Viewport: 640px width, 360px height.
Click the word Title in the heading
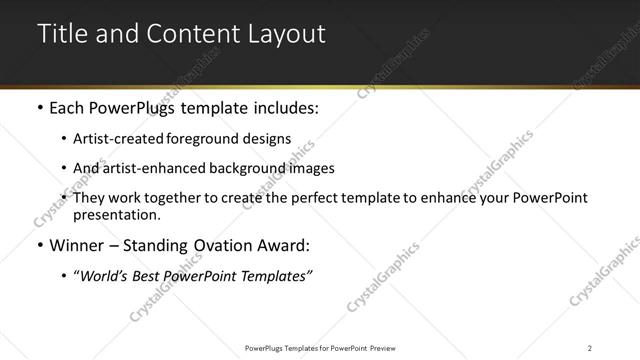(x=61, y=33)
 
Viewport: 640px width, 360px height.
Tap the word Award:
(x=286, y=245)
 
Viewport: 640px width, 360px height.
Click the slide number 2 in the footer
(x=589, y=348)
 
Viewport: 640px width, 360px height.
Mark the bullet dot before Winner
(x=39, y=245)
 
